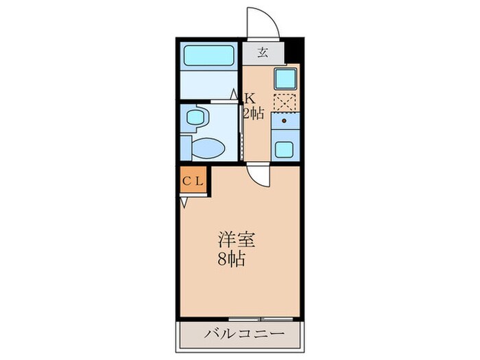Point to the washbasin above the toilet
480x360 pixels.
point(196,117)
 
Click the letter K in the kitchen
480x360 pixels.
point(251,97)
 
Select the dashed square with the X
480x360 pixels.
point(284,102)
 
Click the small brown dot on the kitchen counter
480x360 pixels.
point(283,121)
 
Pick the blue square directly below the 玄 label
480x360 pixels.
point(284,77)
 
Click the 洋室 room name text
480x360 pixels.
point(237,240)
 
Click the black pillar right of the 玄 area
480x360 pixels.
point(293,49)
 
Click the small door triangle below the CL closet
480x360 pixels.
point(184,202)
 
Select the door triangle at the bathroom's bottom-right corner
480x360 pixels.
point(234,94)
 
